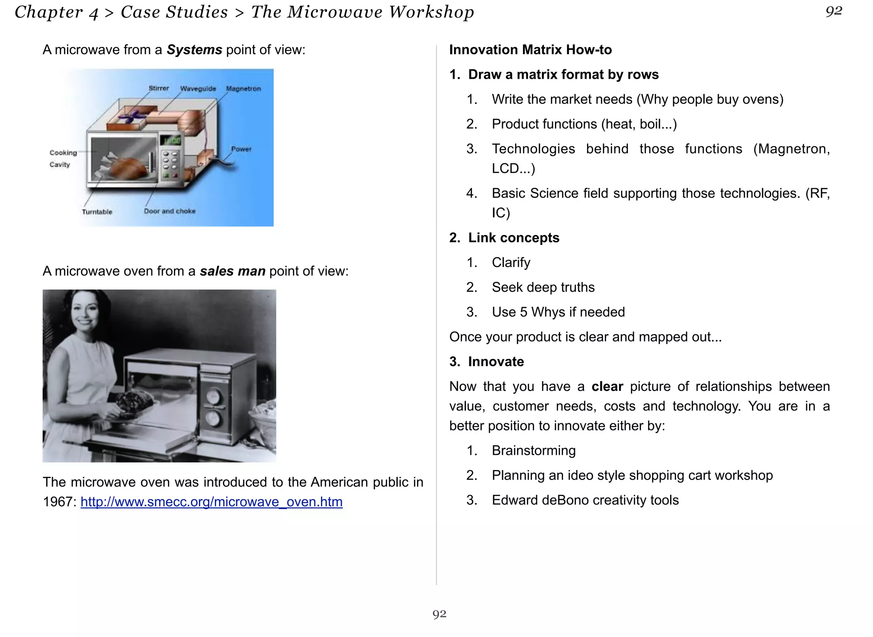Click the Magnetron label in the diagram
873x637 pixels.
pos(243,89)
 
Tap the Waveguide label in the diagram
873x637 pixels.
pos(198,89)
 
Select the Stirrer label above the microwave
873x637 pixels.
pos(159,88)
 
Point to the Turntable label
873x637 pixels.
pos(97,212)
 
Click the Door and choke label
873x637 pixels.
pos(169,211)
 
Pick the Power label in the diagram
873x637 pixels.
pos(241,149)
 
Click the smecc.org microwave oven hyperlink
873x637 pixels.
pos(211,502)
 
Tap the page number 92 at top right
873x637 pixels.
pos(833,11)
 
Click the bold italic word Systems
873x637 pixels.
pos(194,50)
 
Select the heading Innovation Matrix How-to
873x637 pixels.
pos(530,50)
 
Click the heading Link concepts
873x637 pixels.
pos(513,238)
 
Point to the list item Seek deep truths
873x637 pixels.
pos(543,287)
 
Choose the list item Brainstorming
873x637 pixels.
pos(533,450)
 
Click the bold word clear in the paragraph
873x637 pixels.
pos(607,387)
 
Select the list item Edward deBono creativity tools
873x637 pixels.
pos(585,500)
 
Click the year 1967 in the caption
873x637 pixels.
pos(58,502)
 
